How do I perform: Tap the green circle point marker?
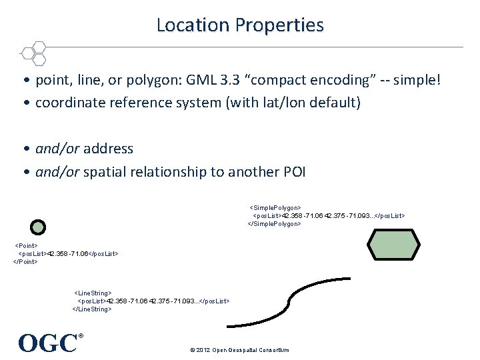point(39,227)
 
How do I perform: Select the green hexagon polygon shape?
point(395,245)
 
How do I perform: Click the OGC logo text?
point(48,343)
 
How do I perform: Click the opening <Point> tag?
point(26,246)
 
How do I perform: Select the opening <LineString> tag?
point(93,293)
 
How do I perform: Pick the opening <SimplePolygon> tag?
point(275,208)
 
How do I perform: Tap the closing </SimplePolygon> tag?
point(275,224)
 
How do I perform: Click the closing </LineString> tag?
point(92,309)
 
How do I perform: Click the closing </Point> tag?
point(25,261)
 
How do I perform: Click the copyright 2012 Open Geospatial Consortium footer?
point(239,350)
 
